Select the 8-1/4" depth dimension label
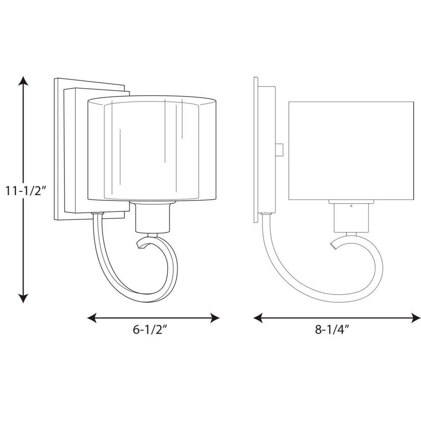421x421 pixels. [333, 330]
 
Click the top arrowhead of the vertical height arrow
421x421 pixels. [23, 80]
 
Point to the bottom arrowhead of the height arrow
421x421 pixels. [23, 298]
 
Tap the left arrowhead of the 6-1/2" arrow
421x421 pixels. [92, 318]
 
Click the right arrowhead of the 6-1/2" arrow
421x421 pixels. [215, 318]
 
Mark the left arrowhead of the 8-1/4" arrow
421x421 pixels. [258, 318]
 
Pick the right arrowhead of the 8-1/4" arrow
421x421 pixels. [416, 318]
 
